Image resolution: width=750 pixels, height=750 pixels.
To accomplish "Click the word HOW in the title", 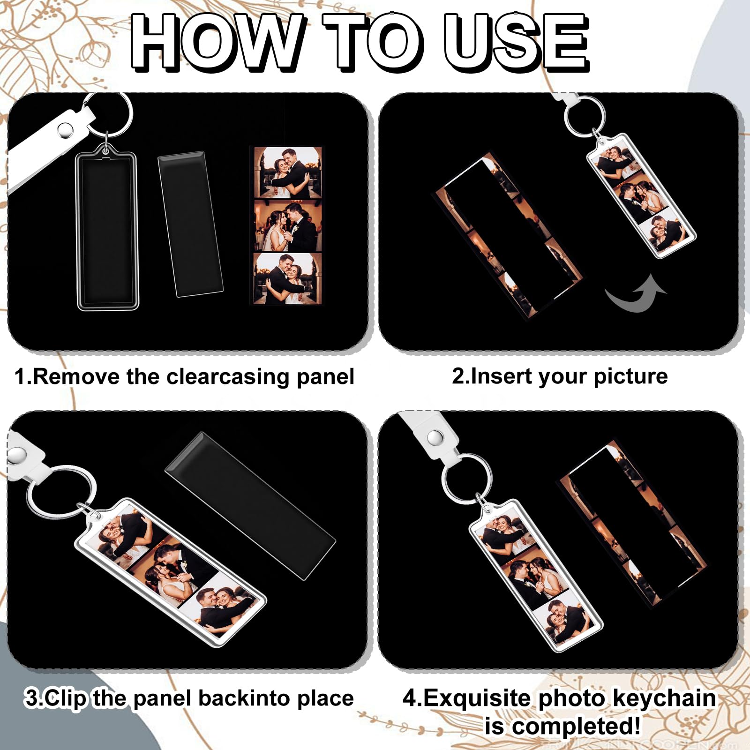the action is (216, 42).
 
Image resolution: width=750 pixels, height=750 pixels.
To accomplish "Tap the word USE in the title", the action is (516, 42).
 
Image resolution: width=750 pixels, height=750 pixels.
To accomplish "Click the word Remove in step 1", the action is (76, 376).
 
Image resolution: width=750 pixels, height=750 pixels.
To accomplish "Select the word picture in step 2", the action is (630, 376).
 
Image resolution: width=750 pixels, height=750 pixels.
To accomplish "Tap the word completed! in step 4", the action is (576, 727).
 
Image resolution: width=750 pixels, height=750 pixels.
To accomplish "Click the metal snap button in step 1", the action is (64, 130).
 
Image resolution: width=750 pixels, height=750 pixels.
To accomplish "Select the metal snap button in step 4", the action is (436, 437).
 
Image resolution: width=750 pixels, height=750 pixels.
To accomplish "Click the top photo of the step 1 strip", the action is (288, 172).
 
